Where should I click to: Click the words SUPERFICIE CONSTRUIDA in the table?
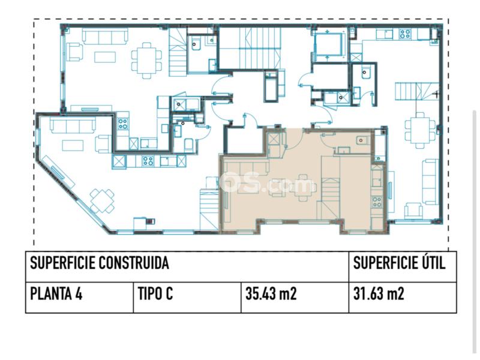(x=100, y=263)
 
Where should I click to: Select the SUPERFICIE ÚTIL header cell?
(x=400, y=263)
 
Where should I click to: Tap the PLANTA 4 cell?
(x=56, y=293)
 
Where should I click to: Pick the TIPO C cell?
(x=155, y=293)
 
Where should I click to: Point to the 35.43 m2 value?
(x=271, y=293)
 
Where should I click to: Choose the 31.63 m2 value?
(x=379, y=293)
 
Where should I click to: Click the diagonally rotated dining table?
(x=102, y=201)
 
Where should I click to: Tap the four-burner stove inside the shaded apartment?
(x=377, y=202)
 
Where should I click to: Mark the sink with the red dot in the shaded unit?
(x=362, y=140)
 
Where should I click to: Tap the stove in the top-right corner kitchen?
(x=405, y=34)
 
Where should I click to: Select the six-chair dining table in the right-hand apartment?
(x=420, y=130)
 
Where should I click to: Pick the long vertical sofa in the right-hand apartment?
(x=431, y=182)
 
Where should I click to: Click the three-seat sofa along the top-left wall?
(x=105, y=37)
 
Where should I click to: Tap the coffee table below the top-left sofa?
(x=105, y=57)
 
